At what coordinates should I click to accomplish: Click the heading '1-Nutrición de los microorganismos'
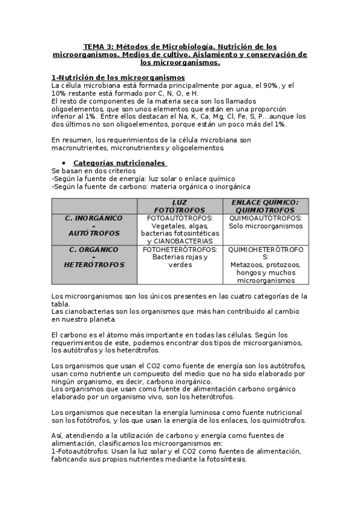[118, 78]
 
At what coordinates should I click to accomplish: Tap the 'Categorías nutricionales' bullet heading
[120, 163]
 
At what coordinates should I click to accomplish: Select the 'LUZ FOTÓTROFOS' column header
[180, 206]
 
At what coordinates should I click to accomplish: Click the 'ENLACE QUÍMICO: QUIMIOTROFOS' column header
[265, 206]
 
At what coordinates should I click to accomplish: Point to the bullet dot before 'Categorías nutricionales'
[64, 164]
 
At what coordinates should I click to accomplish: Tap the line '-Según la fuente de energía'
[143, 179]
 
